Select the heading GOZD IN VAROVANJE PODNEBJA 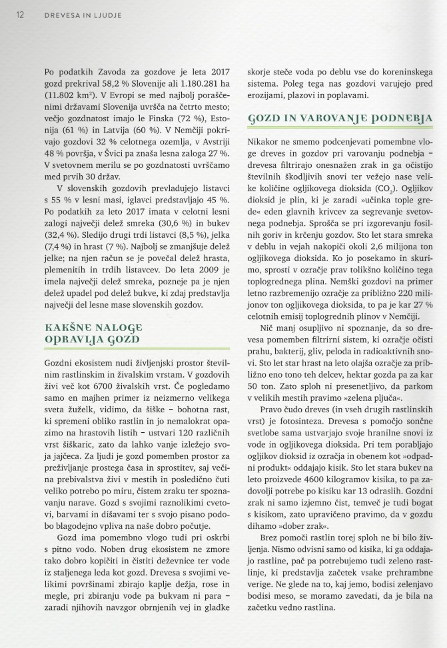coord(340,119)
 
